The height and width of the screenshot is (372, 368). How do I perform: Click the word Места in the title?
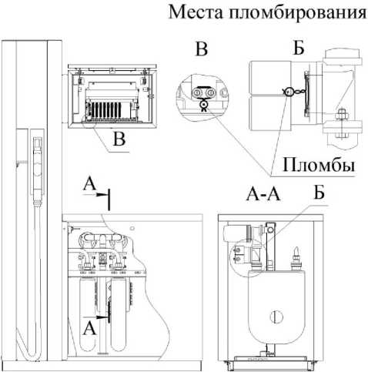196,12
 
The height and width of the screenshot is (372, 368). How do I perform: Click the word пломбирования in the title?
298,13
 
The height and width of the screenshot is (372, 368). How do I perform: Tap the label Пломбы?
319,164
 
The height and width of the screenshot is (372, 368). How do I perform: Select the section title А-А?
263,195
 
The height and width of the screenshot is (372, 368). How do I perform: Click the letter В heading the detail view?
202,49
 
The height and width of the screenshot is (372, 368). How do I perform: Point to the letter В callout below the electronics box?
119,139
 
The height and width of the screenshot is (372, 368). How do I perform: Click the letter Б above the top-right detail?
299,47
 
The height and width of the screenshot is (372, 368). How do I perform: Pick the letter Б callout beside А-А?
319,193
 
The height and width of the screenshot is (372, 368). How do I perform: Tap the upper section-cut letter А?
89,185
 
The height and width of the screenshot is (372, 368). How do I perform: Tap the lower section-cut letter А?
89,328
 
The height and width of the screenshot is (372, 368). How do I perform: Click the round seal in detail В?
204,104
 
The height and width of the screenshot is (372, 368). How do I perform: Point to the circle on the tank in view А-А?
276,317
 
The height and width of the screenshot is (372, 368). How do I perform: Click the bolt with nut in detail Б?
341,123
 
